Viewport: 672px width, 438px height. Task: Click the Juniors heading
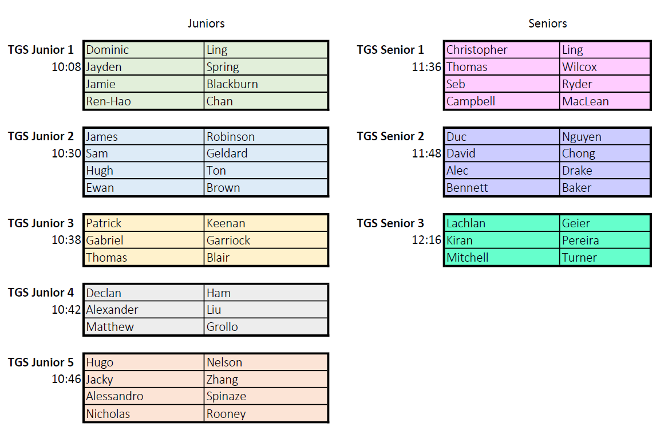pyautogui.click(x=205, y=23)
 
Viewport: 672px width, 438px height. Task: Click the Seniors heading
pyautogui.click(x=547, y=23)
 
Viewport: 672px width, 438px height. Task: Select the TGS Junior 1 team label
pyautogui.click(x=41, y=50)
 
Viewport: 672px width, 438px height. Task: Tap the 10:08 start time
pyautogui.click(x=66, y=67)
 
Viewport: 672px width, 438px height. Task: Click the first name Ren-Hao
pyautogui.click(x=108, y=101)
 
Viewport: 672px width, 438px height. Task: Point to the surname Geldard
pyautogui.click(x=227, y=153)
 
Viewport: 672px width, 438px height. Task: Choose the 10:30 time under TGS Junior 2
pyautogui.click(x=66, y=153)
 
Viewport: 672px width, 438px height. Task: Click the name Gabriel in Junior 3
pyautogui.click(x=105, y=240)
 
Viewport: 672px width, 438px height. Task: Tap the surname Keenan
pyautogui.click(x=226, y=223)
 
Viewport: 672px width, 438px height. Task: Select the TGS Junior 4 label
pyautogui.click(x=41, y=292)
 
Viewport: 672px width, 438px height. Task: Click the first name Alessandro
pyautogui.click(x=114, y=396)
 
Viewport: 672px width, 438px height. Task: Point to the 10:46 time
pyautogui.click(x=66, y=379)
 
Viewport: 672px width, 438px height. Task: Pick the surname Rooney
pyautogui.click(x=226, y=413)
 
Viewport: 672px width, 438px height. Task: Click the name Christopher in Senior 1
pyautogui.click(x=477, y=50)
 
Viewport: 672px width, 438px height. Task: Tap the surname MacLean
pyautogui.click(x=586, y=101)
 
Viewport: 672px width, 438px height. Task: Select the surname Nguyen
pyautogui.click(x=582, y=137)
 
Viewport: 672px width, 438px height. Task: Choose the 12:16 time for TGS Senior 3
pyautogui.click(x=426, y=240)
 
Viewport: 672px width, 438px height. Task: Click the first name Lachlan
pyautogui.click(x=466, y=223)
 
